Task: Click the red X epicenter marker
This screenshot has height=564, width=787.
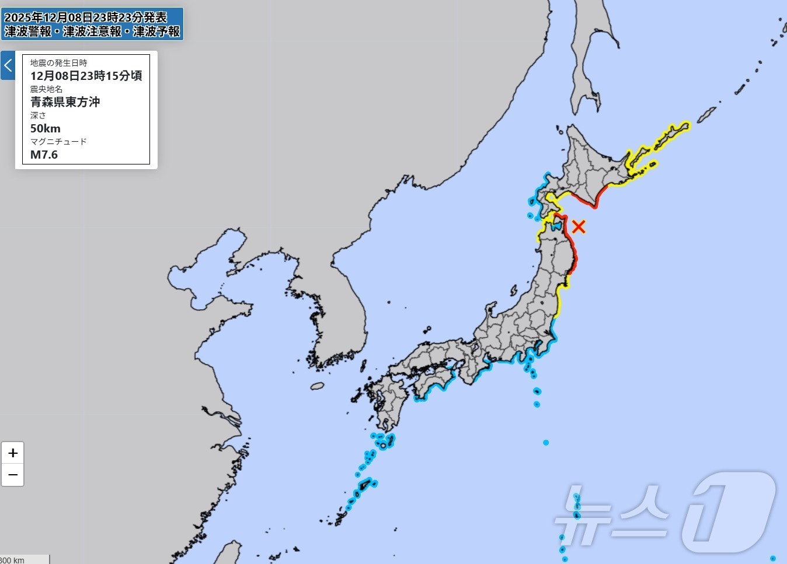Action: tap(579, 226)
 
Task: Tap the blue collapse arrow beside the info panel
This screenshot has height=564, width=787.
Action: tap(8, 65)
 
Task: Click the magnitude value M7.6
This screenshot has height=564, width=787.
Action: tap(44, 155)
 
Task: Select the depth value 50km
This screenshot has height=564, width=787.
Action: tap(46, 128)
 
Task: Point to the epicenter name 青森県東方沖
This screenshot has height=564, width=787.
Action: tap(65, 102)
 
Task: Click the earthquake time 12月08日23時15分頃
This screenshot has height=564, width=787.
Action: tap(86, 75)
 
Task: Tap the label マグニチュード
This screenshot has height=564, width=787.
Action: tap(58, 142)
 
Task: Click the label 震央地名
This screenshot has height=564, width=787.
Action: tap(46, 89)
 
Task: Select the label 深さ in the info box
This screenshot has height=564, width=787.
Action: tap(38, 115)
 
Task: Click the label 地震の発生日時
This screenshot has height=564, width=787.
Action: tap(58, 63)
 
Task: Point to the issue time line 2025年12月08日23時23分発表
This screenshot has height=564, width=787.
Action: tap(85, 17)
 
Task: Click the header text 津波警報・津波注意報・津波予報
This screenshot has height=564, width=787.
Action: tap(92, 31)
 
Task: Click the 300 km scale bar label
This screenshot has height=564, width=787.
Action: tap(12, 560)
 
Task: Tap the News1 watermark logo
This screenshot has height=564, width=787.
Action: tap(666, 513)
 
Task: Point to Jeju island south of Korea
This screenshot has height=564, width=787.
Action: tap(317, 386)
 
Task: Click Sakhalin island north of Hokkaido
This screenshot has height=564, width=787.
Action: tap(590, 58)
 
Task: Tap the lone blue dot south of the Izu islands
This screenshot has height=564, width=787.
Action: tap(546, 443)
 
